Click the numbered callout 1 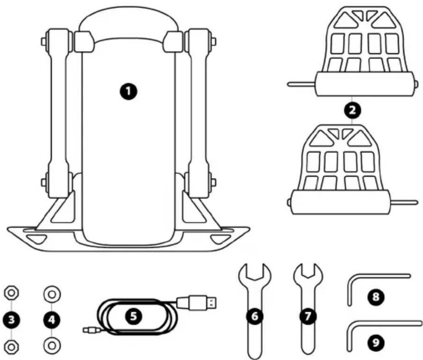129,91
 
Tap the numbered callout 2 352,110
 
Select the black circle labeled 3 11,320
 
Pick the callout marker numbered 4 52,320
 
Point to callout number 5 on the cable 134,316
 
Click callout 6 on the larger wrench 254,316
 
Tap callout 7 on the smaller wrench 308,316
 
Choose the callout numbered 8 376,296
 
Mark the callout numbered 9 376,342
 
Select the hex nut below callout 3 11,347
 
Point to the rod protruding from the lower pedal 404,202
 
